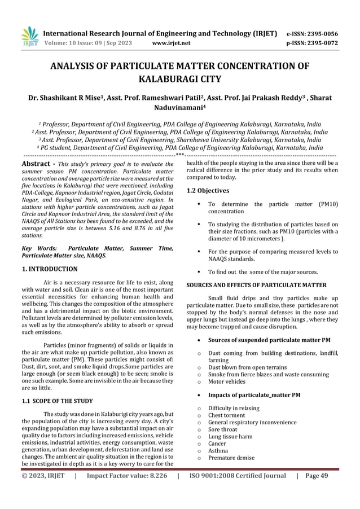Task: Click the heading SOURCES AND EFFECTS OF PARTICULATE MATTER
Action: [256, 285]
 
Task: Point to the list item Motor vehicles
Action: [227, 381]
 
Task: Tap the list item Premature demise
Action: [231, 458]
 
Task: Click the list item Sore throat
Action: [225, 432]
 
